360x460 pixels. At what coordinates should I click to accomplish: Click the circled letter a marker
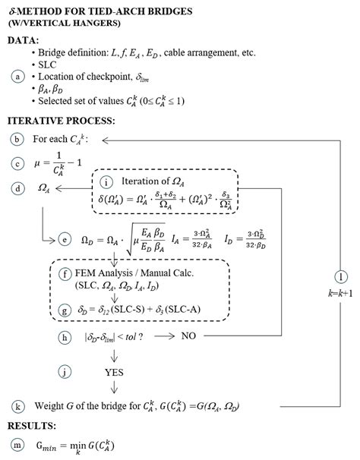click(x=17, y=77)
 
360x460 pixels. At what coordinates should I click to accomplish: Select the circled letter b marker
click(x=17, y=139)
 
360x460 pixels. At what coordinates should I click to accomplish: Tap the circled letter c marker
click(x=17, y=163)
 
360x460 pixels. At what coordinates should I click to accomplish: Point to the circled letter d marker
click(x=17, y=187)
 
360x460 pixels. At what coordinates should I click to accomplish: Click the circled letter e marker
click(x=65, y=240)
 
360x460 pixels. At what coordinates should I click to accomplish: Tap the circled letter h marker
click(x=65, y=335)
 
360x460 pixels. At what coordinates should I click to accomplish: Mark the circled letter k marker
click(x=17, y=406)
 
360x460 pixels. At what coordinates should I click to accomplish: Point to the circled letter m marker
click(x=17, y=444)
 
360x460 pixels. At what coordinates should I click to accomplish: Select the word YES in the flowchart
click(x=114, y=372)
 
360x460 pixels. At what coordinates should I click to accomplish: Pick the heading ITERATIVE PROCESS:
click(x=61, y=121)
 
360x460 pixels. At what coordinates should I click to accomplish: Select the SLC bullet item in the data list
click(x=47, y=65)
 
